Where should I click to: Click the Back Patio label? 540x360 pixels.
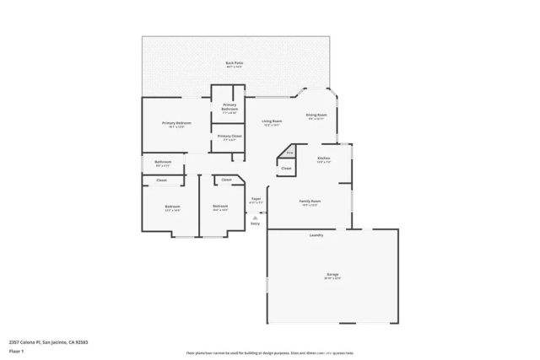click(x=234, y=63)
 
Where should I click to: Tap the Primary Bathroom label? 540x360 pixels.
click(x=229, y=107)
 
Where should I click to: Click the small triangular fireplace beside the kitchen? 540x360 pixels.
click(x=289, y=153)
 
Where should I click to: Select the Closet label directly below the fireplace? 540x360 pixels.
click(x=286, y=169)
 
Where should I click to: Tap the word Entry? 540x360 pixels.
click(x=255, y=224)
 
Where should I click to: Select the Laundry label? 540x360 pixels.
click(x=316, y=235)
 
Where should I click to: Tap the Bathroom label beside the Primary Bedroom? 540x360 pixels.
click(x=163, y=162)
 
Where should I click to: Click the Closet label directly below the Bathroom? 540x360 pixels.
click(x=161, y=180)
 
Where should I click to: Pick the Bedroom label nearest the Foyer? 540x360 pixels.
click(x=220, y=207)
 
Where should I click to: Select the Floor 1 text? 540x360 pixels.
click(x=15, y=351)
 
